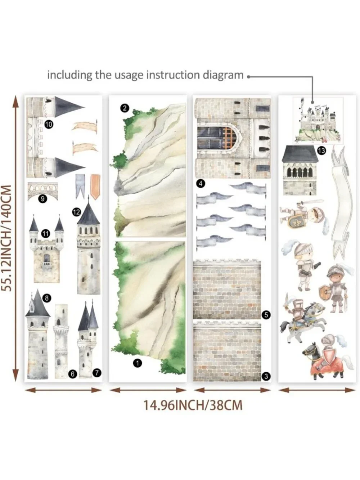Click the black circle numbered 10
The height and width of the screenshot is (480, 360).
[49, 125]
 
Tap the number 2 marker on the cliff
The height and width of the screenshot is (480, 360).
[125, 108]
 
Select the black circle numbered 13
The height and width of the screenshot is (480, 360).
[321, 151]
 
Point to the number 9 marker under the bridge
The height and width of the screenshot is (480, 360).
[42, 199]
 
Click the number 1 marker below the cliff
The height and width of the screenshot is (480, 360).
[137, 363]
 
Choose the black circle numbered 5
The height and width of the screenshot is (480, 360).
[266, 315]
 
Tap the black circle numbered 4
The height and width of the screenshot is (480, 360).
[201, 184]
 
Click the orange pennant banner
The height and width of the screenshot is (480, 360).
[95, 187]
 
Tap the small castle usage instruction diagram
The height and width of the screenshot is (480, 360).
[318, 121]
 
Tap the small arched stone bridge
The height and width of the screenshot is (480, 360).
[43, 191]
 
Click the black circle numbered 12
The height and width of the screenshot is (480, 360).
[77, 212]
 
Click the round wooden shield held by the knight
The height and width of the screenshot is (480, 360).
[325, 292]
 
